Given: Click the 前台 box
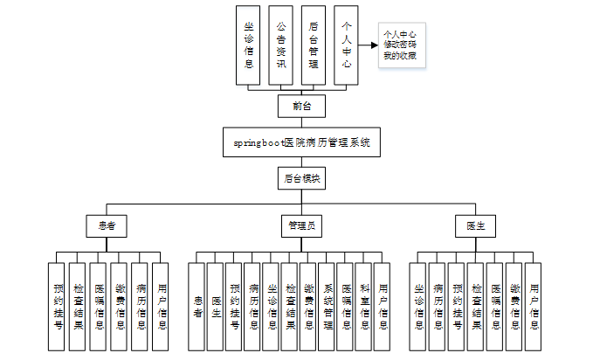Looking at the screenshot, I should (301, 106).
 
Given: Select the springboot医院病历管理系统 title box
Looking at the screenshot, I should (301, 142).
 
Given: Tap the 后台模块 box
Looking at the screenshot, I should (301, 179).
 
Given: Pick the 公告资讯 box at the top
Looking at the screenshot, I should (279, 45).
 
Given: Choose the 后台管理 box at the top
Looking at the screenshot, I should (313, 45).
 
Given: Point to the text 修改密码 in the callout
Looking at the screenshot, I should (399, 45).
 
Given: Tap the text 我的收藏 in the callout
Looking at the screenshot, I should (399, 55).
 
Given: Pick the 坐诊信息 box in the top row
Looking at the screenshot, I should (249, 45).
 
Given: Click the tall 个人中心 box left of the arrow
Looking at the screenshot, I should (347, 45).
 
